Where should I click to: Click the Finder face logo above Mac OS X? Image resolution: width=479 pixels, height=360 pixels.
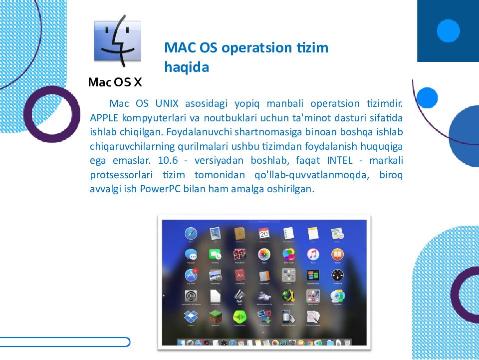click(x=118, y=44)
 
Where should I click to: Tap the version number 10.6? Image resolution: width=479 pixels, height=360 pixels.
click(x=167, y=161)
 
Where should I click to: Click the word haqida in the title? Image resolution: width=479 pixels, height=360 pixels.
click(x=186, y=67)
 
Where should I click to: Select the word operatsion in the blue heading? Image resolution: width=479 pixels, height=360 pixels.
click(x=256, y=48)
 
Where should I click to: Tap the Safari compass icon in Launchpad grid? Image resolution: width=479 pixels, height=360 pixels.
click(x=191, y=233)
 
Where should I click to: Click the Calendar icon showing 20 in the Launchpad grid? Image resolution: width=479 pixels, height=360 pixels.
click(x=264, y=233)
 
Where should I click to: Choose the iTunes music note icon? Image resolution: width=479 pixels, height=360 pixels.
click(x=313, y=254)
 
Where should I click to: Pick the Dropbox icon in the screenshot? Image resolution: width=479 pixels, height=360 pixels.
click(x=191, y=316)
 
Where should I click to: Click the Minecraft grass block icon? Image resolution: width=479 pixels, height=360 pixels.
click(x=215, y=316)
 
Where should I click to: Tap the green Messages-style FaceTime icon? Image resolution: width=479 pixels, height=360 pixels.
click(x=215, y=254)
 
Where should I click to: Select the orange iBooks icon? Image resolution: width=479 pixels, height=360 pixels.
click(x=337, y=254)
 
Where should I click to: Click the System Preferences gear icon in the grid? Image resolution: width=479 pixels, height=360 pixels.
click(x=191, y=296)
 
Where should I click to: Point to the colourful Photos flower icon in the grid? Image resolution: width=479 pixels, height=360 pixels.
click(x=264, y=254)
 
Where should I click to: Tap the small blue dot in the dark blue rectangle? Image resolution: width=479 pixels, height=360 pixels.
click(x=448, y=31)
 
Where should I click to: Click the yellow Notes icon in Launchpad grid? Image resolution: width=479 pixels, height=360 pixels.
click(x=313, y=233)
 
